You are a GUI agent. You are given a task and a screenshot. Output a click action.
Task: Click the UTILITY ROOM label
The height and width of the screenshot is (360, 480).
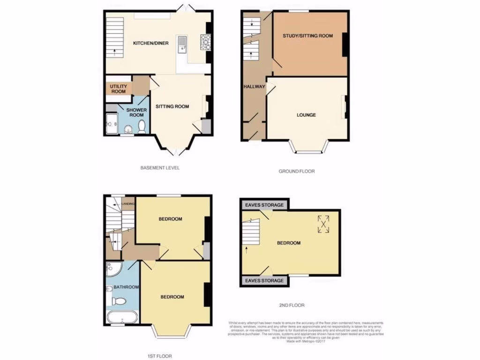point(118,89)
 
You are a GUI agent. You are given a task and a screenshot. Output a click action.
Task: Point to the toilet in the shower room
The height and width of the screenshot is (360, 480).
point(142,126)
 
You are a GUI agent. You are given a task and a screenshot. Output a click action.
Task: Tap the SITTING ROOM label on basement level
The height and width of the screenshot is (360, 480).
point(172,106)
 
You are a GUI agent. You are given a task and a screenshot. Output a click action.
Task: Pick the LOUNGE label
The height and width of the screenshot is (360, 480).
point(306,115)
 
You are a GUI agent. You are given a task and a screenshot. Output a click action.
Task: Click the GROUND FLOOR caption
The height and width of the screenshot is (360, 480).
point(297,172)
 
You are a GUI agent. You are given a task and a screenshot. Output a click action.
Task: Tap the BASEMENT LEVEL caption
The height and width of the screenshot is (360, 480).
point(160,168)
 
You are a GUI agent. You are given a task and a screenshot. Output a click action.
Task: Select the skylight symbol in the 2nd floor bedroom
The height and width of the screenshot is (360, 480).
point(323,224)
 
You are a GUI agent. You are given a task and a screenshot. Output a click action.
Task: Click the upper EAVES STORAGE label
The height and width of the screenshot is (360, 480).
point(263,205)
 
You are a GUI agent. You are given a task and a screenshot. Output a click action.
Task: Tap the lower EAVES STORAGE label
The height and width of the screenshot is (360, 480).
point(263,280)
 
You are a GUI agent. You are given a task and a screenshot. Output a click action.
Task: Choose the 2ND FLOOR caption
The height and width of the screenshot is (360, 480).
point(292,306)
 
